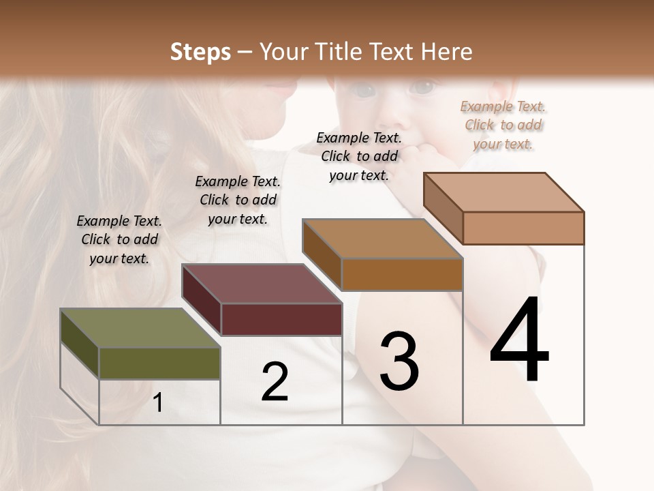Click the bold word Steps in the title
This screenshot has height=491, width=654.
click(x=200, y=52)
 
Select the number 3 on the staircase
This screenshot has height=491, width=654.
click(x=399, y=361)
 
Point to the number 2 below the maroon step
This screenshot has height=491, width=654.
click(x=275, y=382)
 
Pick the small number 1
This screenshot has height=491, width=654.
click(x=158, y=403)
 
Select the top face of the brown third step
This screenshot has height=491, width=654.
click(x=382, y=239)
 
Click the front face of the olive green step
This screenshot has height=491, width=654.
click(x=159, y=363)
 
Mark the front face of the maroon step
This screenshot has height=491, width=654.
click(x=281, y=319)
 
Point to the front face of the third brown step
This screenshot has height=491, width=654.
click(x=402, y=274)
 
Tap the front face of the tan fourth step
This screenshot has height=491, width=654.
click(x=523, y=228)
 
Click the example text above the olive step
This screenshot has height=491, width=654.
click(x=119, y=240)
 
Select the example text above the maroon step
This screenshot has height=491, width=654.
click(x=238, y=200)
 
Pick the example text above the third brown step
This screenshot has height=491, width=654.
click(x=359, y=156)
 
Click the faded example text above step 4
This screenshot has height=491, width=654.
click(x=503, y=125)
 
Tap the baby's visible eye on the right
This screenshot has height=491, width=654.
click(x=424, y=87)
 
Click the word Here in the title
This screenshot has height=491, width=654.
click(x=447, y=52)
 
